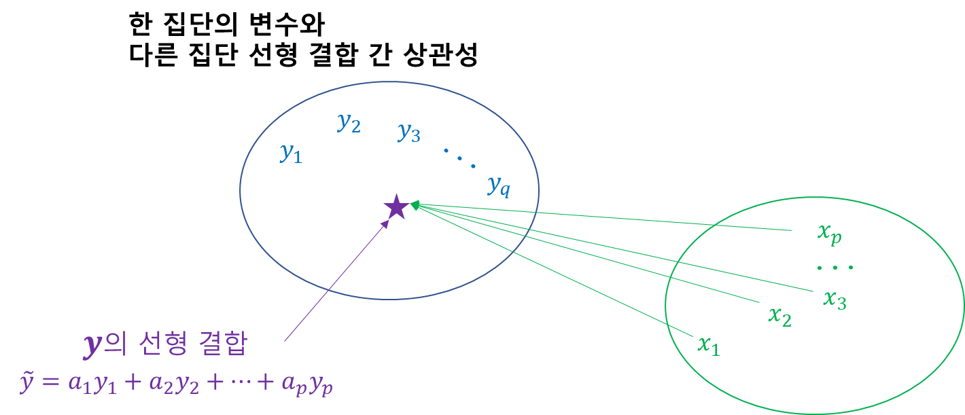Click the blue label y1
290,154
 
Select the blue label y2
349,123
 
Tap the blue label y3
409,132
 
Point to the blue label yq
498,185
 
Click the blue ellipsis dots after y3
459,158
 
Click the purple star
396,207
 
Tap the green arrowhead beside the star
415,204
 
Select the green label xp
830,233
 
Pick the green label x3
835,299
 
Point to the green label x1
708,344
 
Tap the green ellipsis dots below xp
835,268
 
